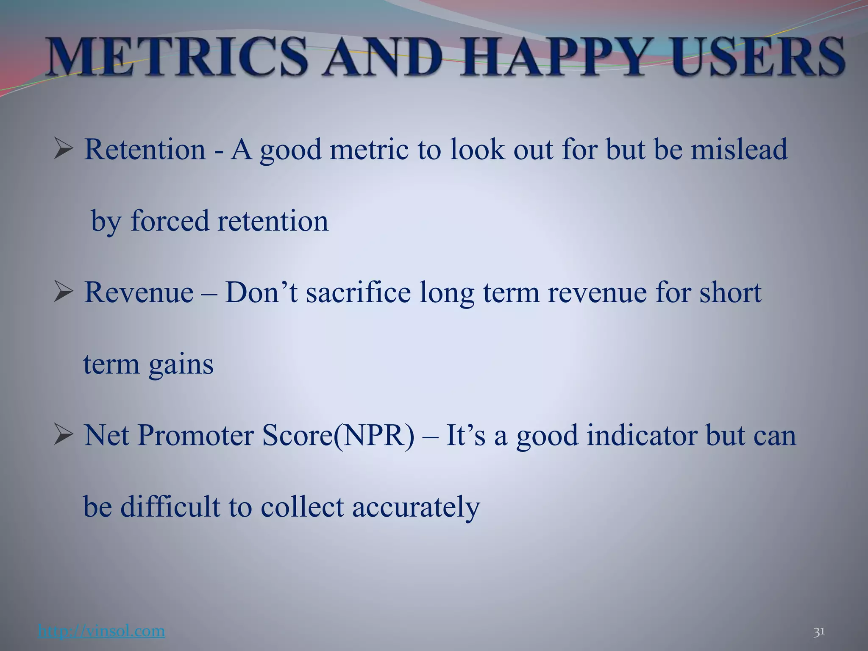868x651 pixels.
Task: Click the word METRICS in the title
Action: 178,57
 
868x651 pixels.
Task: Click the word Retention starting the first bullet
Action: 145,150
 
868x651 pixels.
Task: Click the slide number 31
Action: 819,632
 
